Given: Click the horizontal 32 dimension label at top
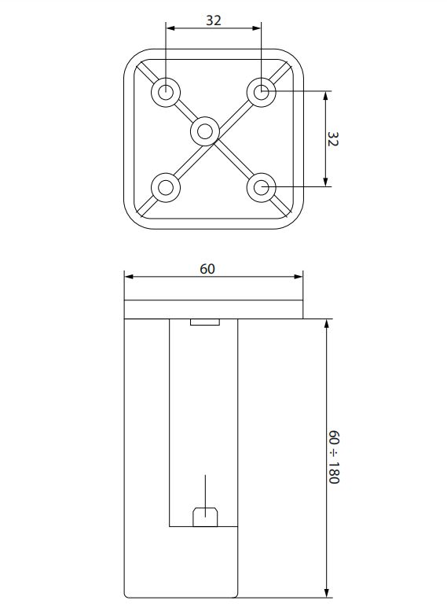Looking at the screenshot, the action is (x=214, y=20).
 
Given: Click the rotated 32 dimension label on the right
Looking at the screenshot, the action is (x=333, y=139).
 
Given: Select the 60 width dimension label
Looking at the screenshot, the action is (x=207, y=269).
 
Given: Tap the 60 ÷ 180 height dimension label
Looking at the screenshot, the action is (x=334, y=457).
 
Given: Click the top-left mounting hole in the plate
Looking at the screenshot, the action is (x=166, y=92).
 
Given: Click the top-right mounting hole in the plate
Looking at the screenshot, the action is (x=262, y=92).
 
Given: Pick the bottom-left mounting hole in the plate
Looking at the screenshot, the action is (x=166, y=187).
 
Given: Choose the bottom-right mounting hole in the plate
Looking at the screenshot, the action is (x=262, y=187).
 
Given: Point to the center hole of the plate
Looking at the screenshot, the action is (x=205, y=131).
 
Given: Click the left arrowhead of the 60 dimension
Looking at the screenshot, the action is (x=129, y=277).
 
